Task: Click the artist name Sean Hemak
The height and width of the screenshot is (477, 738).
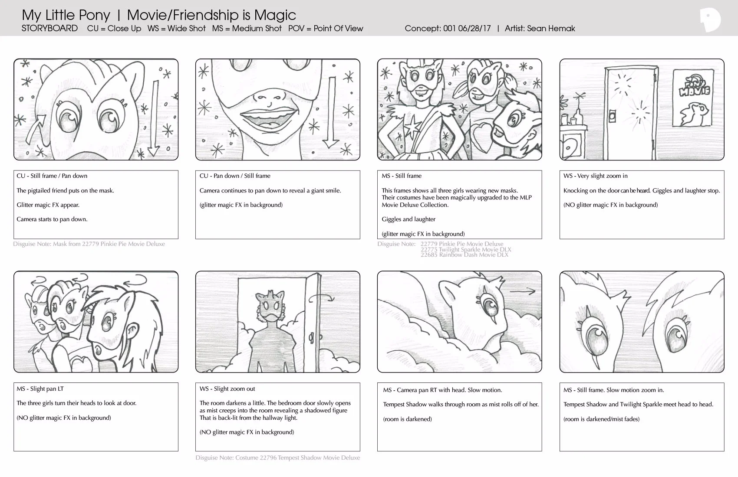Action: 551,29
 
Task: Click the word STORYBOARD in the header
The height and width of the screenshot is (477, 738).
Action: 50,28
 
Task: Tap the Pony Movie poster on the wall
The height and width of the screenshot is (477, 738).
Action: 693,98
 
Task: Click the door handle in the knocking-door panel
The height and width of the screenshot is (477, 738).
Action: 613,117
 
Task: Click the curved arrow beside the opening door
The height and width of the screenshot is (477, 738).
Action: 321,297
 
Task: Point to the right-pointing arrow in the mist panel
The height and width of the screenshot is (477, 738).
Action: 522,291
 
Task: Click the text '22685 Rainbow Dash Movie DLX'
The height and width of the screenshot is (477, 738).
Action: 464,255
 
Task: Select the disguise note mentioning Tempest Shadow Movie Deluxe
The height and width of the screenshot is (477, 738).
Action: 278,457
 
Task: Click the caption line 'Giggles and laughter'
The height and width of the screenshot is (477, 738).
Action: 409,219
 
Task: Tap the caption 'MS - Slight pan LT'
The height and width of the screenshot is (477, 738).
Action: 40,389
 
